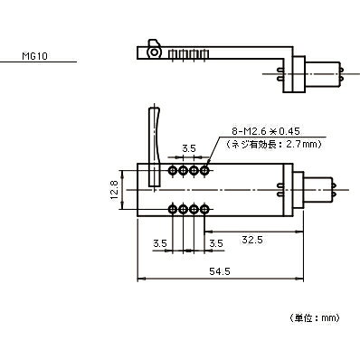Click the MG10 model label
pos(34,56)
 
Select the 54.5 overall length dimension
pos(220,271)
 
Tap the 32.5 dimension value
pos(252,240)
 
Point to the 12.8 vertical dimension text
pos(115,190)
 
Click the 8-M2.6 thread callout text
pos(266,131)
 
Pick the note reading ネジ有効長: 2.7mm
pos(274,144)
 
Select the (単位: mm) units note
pos(315,317)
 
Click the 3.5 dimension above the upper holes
pos(189,148)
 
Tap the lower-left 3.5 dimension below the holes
pos(160,243)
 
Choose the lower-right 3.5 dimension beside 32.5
pos(216,243)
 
